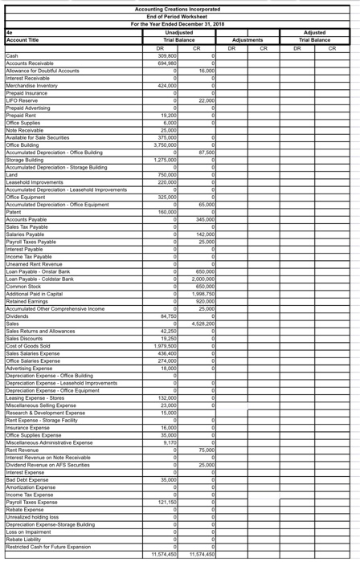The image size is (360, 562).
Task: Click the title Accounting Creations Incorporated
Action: tap(179, 9)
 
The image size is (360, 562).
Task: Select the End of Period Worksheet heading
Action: tap(179, 16)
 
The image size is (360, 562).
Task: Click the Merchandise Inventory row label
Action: tap(31, 84)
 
